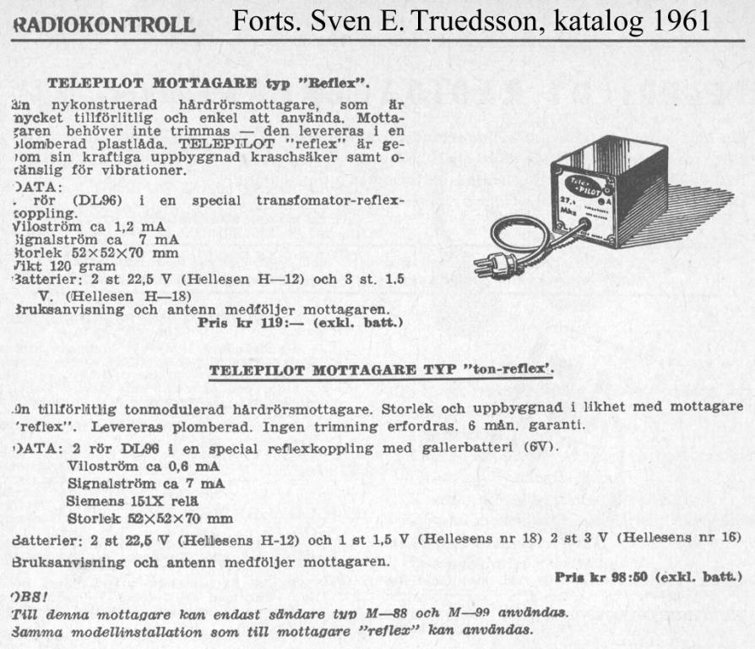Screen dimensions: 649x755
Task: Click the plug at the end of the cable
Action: click(489, 265)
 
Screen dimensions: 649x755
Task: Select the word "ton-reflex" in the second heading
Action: click(510, 370)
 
